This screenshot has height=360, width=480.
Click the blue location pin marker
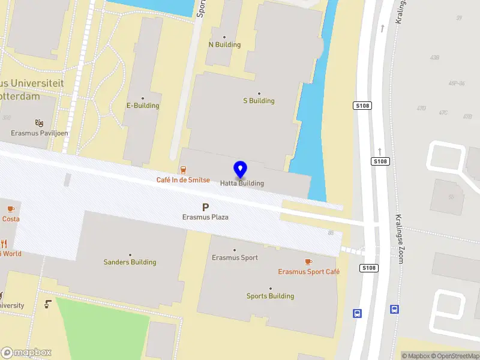(241, 170)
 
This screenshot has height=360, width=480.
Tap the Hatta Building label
(242, 184)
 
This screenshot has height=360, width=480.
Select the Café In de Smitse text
(183, 180)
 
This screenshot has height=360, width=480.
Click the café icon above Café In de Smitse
(183, 170)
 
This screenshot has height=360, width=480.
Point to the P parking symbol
(205, 207)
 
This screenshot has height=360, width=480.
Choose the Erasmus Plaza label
(205, 217)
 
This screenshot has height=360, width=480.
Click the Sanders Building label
(130, 262)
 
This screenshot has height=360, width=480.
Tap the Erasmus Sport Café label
(308, 272)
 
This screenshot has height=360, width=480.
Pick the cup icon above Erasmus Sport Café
(308, 262)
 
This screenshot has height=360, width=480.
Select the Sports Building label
(270, 296)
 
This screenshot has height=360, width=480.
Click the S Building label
(259, 101)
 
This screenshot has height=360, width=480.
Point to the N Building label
(224, 45)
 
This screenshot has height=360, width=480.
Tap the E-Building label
(143, 106)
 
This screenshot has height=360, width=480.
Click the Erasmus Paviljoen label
(40, 133)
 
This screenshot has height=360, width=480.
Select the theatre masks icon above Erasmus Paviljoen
(40, 122)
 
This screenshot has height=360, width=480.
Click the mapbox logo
(27, 352)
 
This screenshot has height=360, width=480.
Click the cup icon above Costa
(10, 209)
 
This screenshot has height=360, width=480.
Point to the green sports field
(102, 330)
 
